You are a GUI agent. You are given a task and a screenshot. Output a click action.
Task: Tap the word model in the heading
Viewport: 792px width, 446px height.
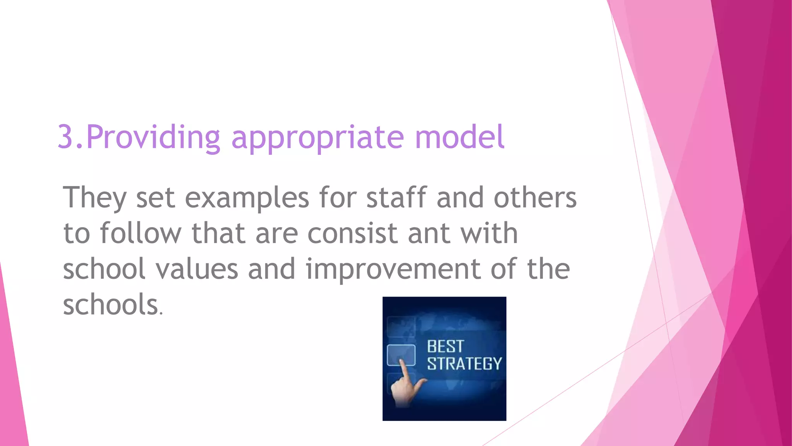459,137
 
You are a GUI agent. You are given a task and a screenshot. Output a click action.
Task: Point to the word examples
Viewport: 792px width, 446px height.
247,198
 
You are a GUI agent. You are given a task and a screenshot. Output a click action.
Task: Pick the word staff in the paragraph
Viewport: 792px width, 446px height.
396,197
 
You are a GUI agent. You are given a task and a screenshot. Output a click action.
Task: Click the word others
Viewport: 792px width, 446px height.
535,197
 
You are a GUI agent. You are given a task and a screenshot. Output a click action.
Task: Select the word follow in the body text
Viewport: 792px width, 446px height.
140,233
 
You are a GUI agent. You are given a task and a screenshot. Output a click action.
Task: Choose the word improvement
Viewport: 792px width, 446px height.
393,269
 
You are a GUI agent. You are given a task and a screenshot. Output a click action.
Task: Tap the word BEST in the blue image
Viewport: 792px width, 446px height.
445,347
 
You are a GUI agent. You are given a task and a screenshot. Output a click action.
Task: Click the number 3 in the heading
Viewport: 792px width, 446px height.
65,137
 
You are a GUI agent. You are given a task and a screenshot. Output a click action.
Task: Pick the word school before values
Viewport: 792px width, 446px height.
104,269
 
